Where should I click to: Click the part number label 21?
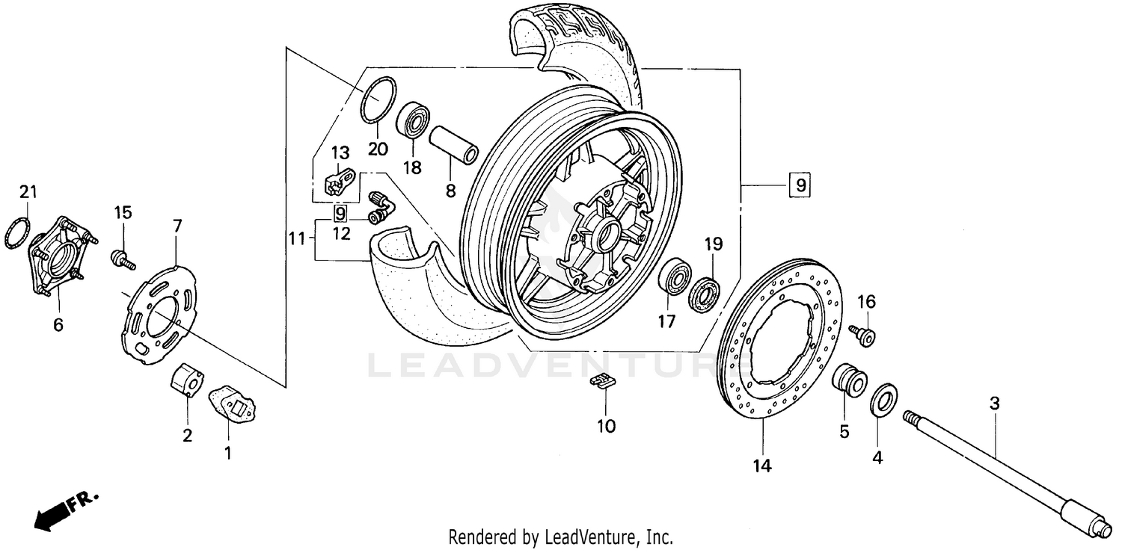pos(28,193)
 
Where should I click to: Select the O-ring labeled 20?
pos(378,99)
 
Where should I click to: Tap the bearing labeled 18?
pos(413,120)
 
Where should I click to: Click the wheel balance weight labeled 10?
pos(601,382)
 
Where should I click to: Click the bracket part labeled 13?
pos(339,182)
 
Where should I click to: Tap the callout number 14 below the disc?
pos(761,466)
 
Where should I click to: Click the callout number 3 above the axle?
pos(994,404)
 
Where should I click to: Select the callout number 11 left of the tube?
pos(297,239)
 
